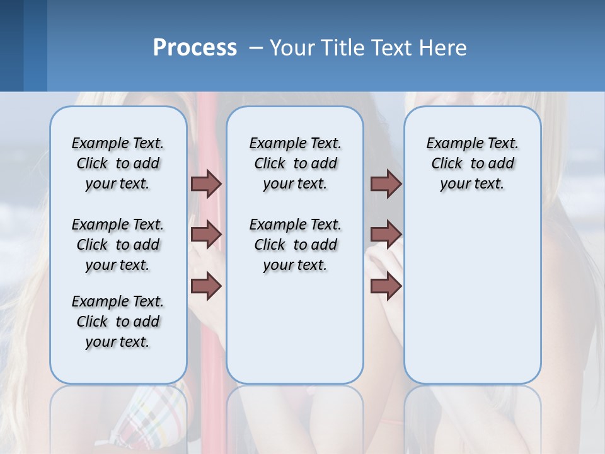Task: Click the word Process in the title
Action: coord(195,47)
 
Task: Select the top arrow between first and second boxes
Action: coord(206,183)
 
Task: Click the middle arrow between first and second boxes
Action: coord(206,235)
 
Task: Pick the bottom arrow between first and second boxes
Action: coord(206,286)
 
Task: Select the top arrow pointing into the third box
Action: coord(386,183)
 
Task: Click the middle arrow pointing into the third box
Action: coord(386,235)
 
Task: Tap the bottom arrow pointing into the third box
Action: coord(386,286)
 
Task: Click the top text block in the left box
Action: coord(118,163)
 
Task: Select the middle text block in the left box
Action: coord(118,245)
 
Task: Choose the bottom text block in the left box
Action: coord(118,322)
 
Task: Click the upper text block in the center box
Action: coord(295,163)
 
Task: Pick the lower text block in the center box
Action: coord(295,245)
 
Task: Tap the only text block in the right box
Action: coord(472,163)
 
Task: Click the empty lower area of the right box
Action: coord(472,303)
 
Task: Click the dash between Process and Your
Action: coord(256,48)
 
